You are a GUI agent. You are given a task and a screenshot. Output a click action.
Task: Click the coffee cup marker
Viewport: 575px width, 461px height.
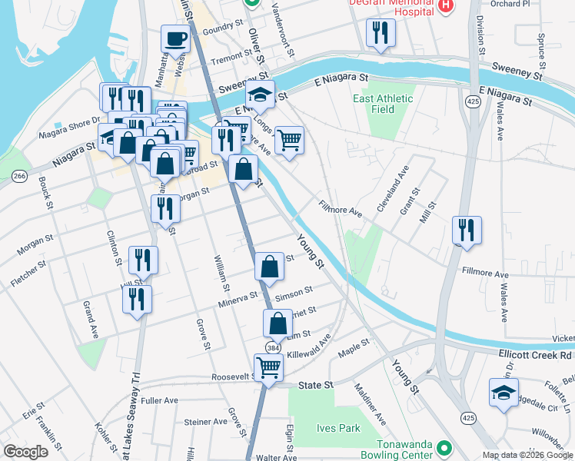click(175, 39)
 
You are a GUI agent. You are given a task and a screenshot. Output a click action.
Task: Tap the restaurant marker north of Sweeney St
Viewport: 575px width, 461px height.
click(381, 33)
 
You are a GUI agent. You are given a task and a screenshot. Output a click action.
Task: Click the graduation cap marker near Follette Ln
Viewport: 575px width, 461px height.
click(504, 393)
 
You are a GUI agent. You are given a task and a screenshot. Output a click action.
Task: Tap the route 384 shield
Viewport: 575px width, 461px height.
click(273, 348)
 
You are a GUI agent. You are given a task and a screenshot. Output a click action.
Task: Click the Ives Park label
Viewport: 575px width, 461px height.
click(337, 428)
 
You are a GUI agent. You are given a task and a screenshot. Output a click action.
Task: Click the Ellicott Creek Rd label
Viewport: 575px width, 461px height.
click(544, 355)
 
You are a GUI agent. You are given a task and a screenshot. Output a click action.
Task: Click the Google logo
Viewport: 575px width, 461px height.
click(26, 452)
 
